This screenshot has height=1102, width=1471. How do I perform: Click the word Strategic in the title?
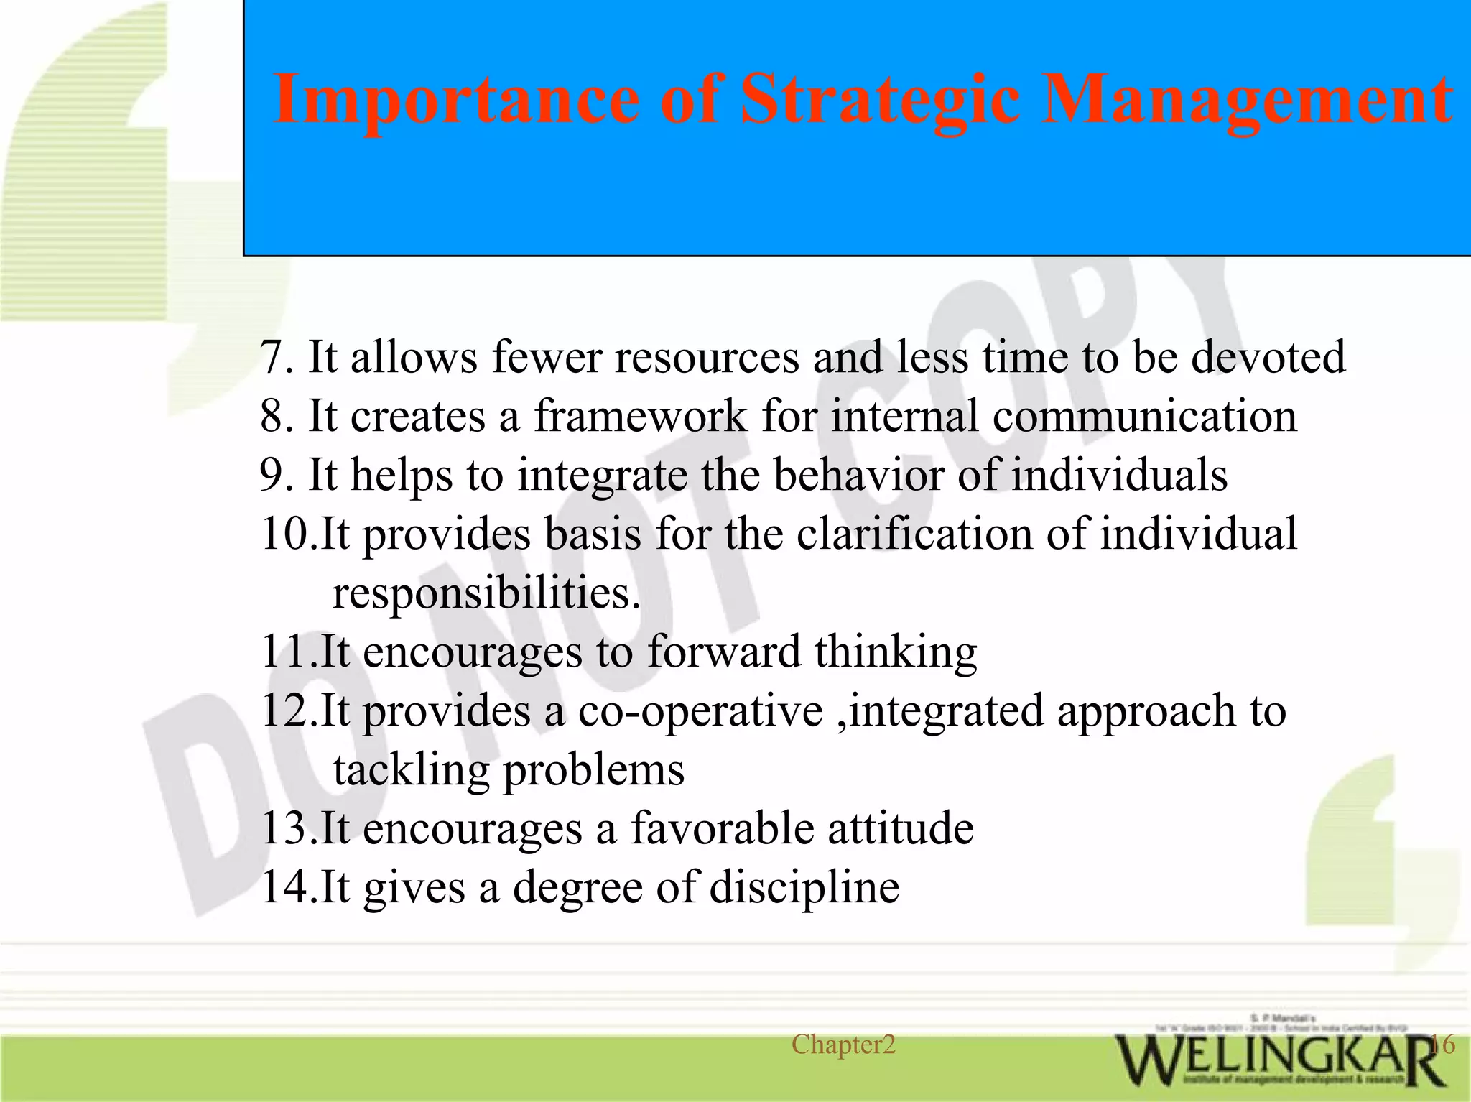879,101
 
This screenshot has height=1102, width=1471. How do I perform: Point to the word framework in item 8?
640,416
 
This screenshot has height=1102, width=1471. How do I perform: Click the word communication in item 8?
1145,416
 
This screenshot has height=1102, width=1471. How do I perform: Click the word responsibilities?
486,593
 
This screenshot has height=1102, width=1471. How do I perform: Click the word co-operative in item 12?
700,710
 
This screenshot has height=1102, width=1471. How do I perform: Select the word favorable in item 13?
722,828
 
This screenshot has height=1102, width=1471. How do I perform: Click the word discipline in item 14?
804,888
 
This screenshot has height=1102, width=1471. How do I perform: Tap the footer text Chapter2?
843,1045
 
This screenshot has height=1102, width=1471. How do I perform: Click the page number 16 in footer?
1442,1044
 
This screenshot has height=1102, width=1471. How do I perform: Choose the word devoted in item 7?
1268,357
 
